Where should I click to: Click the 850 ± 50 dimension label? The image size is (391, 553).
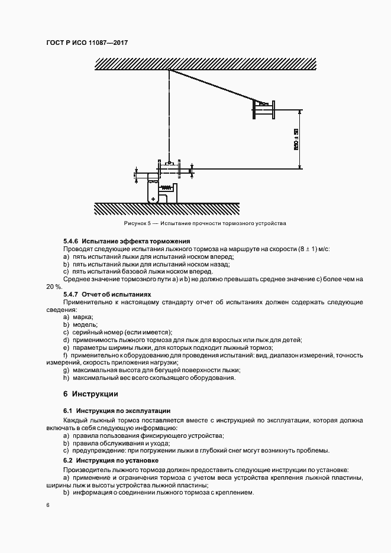(x=296, y=139)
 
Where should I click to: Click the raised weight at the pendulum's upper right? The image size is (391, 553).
(x=264, y=109)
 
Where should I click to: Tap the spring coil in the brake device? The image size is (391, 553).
(x=167, y=188)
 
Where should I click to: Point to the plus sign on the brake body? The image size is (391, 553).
(x=153, y=200)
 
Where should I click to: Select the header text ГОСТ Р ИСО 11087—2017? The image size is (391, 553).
(x=87, y=43)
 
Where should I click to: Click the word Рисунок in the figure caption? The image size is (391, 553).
(x=135, y=224)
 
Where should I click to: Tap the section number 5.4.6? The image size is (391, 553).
(x=71, y=242)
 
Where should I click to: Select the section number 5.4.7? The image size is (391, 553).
(x=71, y=294)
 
